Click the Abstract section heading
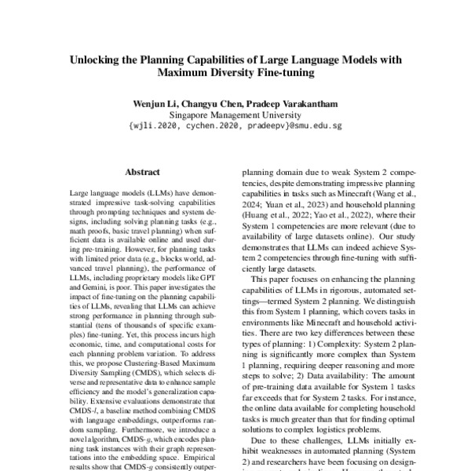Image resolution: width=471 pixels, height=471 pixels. pyautogui.click(x=142, y=171)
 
